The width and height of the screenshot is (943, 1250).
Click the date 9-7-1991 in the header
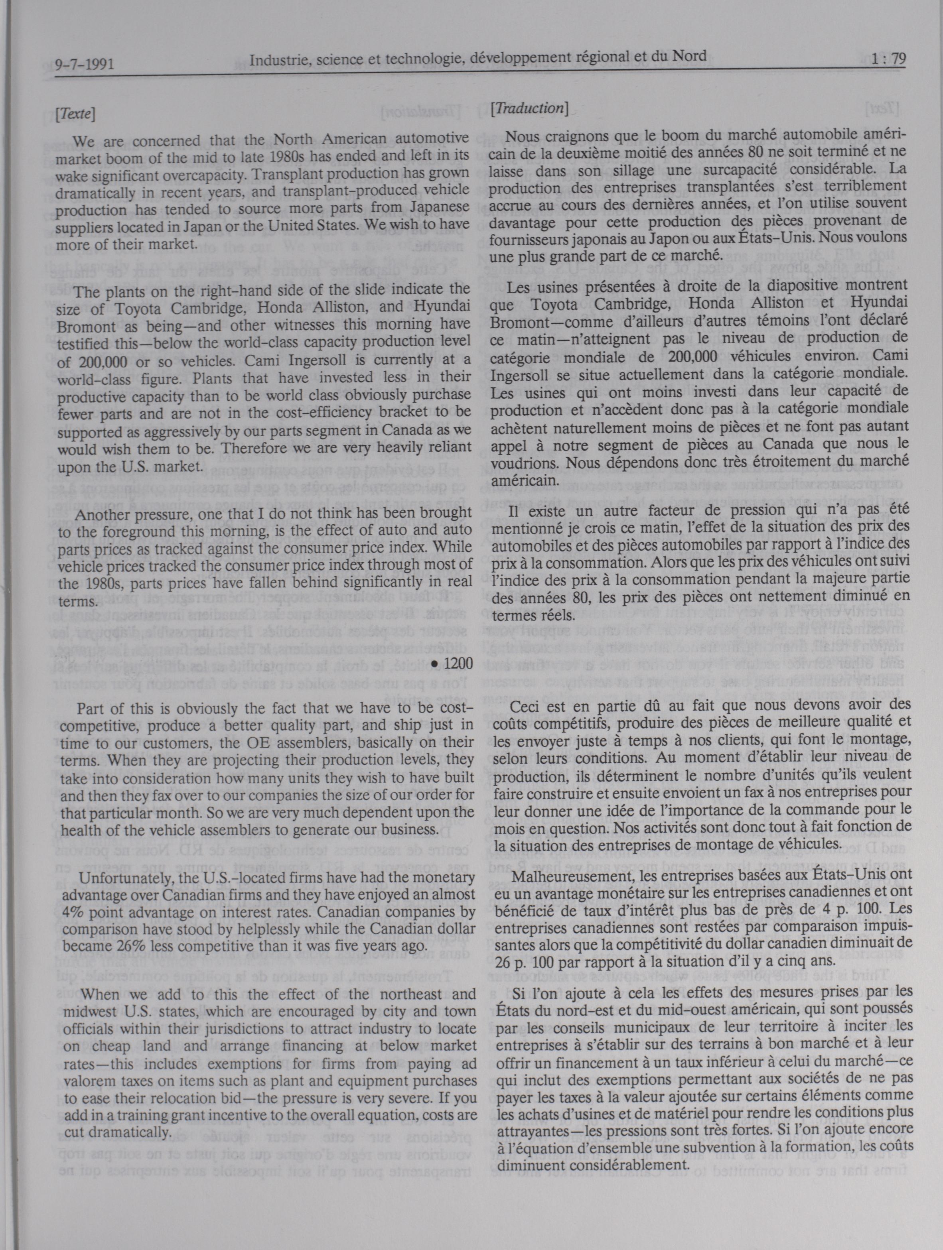pos(85,64)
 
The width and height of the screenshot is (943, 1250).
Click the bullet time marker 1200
pos(451,665)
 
